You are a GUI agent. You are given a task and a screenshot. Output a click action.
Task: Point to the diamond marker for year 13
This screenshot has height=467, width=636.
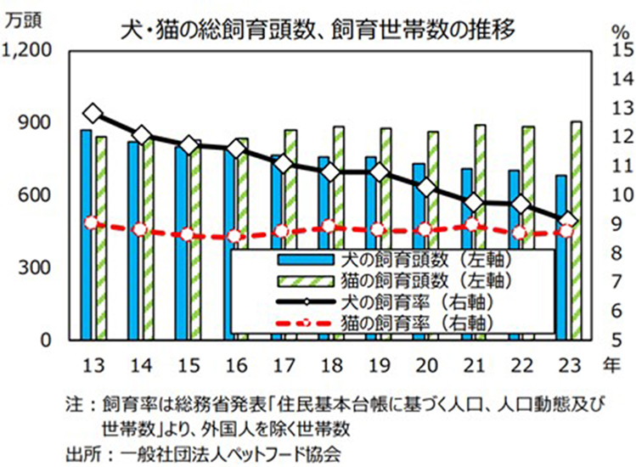click(x=93, y=114)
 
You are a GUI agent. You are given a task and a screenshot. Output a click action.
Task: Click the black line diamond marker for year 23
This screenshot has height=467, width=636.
click(x=569, y=221)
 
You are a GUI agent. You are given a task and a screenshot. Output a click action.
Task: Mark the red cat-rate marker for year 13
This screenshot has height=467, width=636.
click(x=93, y=223)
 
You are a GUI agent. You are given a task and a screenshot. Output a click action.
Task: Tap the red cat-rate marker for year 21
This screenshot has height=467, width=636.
click(x=474, y=225)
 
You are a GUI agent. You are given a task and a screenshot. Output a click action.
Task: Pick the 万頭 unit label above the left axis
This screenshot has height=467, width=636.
click(x=22, y=22)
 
